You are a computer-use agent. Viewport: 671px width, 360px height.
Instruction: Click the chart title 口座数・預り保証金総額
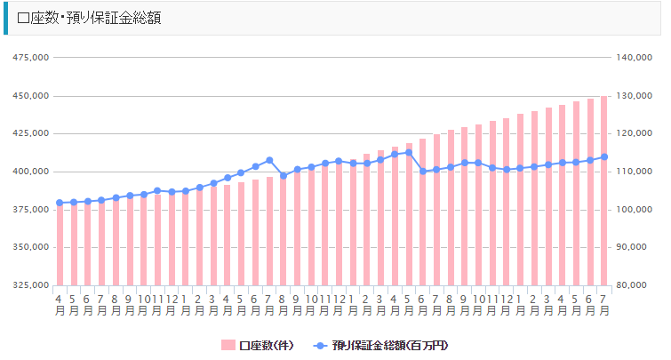point(89,18)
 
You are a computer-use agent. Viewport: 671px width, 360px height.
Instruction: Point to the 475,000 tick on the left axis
point(30,58)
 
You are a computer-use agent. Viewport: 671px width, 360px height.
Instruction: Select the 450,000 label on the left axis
point(30,96)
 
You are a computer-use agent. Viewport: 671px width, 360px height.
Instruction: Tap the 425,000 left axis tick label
point(30,134)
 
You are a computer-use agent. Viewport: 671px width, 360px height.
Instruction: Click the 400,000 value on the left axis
point(30,172)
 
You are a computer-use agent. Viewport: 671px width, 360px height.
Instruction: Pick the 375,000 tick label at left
point(30,210)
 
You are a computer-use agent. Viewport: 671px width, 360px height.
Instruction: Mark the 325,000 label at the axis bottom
point(30,285)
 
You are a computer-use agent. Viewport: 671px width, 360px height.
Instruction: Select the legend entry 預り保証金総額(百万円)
point(391,344)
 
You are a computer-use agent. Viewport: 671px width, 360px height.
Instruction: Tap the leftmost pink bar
point(60,244)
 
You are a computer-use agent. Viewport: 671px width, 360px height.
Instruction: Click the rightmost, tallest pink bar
point(604,191)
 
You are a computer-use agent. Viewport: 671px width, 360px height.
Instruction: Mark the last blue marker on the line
point(604,157)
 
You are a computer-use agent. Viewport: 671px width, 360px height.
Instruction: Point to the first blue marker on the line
point(60,203)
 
